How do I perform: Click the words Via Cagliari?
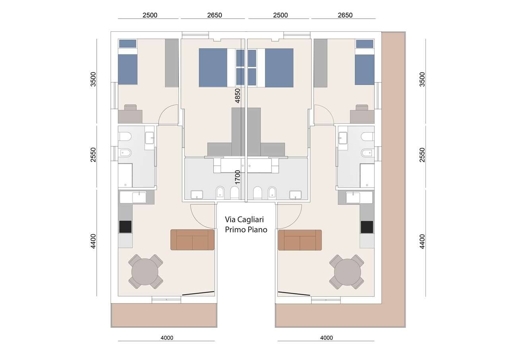click(x=244, y=220)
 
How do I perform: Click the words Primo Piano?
click(x=246, y=230)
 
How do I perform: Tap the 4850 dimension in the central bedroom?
click(x=237, y=96)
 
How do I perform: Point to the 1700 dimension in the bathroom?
click(x=237, y=177)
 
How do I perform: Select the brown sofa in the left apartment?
click(x=192, y=240)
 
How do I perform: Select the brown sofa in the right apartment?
click(x=300, y=240)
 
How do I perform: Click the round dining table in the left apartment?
click(x=145, y=272)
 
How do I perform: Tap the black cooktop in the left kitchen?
click(x=125, y=227)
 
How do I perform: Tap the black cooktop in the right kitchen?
click(x=367, y=227)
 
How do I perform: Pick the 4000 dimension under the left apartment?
click(x=167, y=338)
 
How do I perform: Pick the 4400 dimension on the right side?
click(x=422, y=241)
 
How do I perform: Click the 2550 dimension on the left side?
click(x=93, y=155)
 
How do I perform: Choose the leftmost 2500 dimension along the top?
click(x=150, y=15)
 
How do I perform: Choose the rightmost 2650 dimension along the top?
click(x=345, y=15)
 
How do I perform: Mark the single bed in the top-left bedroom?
click(x=128, y=62)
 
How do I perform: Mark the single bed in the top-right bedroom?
click(x=365, y=62)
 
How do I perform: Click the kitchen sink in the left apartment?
click(x=133, y=197)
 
